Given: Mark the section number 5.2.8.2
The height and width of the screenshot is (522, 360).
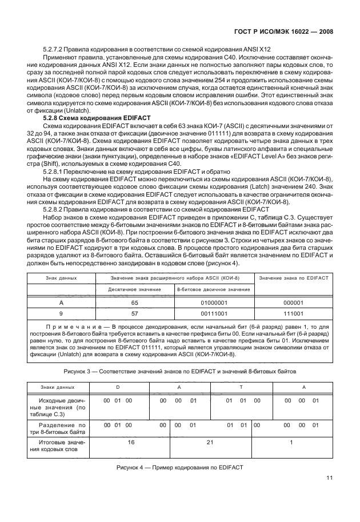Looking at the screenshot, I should point(53,210).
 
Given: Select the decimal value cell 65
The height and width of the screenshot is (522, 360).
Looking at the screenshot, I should point(135,303).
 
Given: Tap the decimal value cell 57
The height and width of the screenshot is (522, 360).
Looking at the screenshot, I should point(135,314).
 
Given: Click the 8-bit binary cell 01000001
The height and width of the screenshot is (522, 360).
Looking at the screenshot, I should point(214,303).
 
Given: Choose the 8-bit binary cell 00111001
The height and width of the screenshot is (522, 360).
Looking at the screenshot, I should point(214,314).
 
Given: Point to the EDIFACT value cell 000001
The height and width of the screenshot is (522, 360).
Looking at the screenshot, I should point(293,303).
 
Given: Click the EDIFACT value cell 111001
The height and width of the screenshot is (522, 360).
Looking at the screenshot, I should point(293,314).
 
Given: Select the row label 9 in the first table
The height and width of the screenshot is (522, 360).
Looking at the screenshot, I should point(61,314).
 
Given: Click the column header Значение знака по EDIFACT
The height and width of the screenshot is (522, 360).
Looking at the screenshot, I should point(293,278).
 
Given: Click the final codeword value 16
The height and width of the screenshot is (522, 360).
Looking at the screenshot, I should point(131,442).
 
